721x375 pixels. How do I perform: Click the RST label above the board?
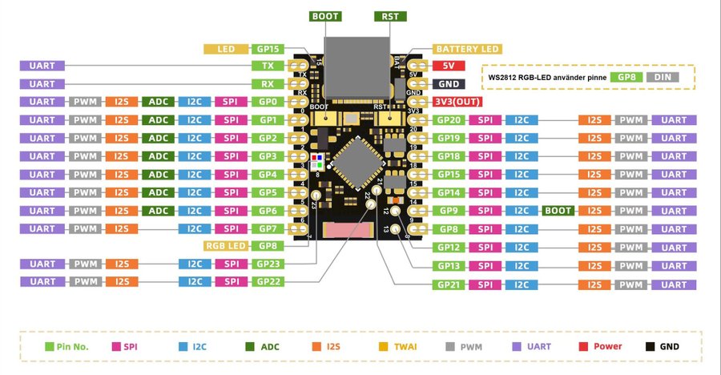[390, 16]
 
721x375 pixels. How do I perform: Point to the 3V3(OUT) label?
[459, 102]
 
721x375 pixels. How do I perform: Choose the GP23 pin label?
[268, 263]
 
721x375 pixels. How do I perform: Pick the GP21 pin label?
[450, 284]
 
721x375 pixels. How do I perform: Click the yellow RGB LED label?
[225, 246]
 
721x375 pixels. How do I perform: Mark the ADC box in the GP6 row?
[158, 211]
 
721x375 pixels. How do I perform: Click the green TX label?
[268, 66]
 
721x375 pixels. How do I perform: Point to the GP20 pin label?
[450, 120]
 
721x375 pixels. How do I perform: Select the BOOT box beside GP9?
[560, 211]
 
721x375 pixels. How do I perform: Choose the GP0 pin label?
[268, 102]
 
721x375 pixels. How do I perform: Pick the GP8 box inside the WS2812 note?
[626, 78]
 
